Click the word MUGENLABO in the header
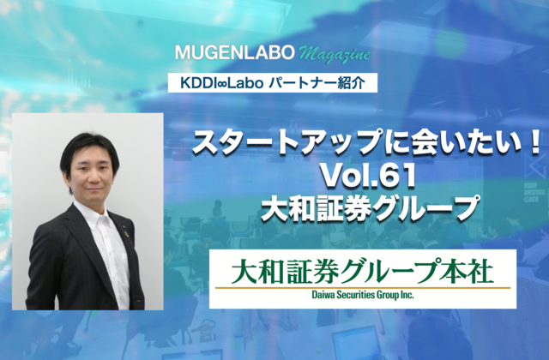coord(235,52)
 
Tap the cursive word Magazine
coord(335,55)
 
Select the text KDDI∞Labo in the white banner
coord(221,83)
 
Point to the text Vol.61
coord(369,176)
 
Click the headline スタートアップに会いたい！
coord(367,144)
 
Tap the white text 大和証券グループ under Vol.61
coord(369,208)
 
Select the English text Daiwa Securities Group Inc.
coord(363,295)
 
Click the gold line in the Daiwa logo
coord(363,288)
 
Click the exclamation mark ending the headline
coord(535,144)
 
